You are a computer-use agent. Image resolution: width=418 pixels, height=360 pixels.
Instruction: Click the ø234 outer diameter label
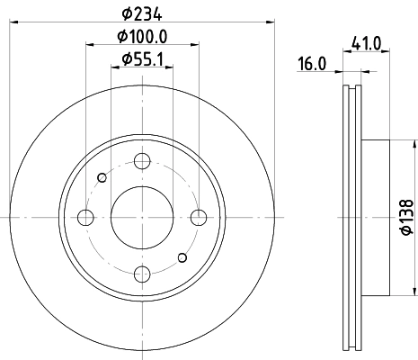click(143, 13)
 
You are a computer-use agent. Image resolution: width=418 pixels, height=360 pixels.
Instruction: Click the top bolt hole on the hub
click(142, 162)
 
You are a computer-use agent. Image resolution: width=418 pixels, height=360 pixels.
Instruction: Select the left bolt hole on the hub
click(86, 217)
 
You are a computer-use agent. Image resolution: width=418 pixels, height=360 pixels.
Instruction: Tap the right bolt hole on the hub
click(198, 217)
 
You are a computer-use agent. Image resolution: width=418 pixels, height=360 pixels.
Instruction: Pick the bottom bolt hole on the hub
click(142, 273)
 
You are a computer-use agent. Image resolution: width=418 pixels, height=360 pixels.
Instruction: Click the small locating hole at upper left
click(102, 177)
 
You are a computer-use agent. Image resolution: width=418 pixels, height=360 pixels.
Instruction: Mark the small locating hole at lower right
click(182, 258)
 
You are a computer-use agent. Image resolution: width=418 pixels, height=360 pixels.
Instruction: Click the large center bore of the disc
click(142, 217)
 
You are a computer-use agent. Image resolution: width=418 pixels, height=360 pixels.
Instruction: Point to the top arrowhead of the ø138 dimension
click(415, 144)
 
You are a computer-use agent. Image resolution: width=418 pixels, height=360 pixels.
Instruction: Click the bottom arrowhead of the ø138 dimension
click(415, 290)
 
